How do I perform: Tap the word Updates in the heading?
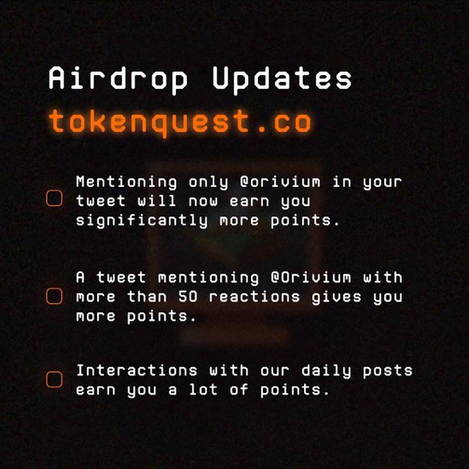click(282, 79)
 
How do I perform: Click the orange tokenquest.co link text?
click(180, 121)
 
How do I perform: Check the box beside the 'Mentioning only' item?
click(54, 200)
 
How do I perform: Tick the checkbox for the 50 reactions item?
click(54, 296)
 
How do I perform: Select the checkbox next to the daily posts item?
click(54, 379)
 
